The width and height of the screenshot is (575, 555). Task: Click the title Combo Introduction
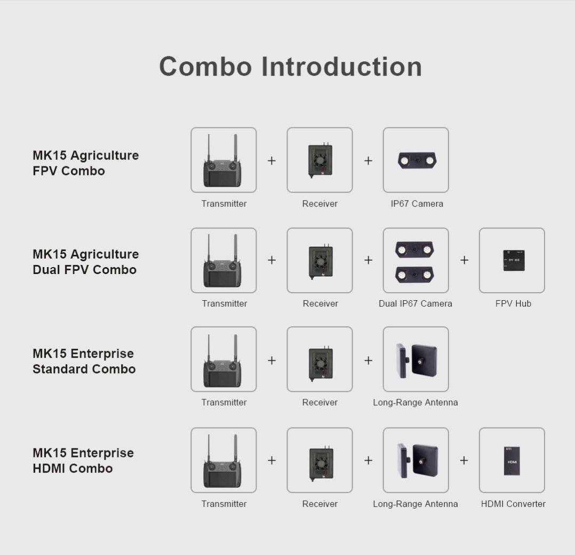(x=290, y=67)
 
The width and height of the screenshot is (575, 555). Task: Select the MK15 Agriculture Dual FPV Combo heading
(x=85, y=262)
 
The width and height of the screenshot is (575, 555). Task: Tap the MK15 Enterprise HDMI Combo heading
(x=83, y=461)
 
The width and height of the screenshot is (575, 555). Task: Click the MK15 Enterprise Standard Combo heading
(x=84, y=361)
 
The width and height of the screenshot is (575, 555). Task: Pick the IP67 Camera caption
(x=417, y=204)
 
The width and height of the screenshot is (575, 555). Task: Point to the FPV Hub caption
(x=513, y=303)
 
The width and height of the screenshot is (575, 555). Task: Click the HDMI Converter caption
(x=513, y=504)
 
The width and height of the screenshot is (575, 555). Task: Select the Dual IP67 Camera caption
(x=415, y=303)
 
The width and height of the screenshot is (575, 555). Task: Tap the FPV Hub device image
(x=513, y=260)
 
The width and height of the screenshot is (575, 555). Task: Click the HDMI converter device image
(x=512, y=461)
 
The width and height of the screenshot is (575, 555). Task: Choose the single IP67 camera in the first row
(x=417, y=160)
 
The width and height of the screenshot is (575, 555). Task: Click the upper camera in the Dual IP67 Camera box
(x=414, y=249)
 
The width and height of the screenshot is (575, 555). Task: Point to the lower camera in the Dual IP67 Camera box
(x=414, y=274)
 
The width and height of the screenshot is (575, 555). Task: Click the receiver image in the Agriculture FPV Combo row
(x=320, y=160)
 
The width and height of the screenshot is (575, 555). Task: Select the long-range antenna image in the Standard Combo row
(x=416, y=360)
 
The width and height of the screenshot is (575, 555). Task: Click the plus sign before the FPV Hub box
(x=464, y=260)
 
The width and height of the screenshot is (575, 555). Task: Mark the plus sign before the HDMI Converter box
(x=464, y=460)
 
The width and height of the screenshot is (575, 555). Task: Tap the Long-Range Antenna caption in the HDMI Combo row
(x=415, y=504)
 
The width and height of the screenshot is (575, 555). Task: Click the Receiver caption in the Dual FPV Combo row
(x=320, y=303)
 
